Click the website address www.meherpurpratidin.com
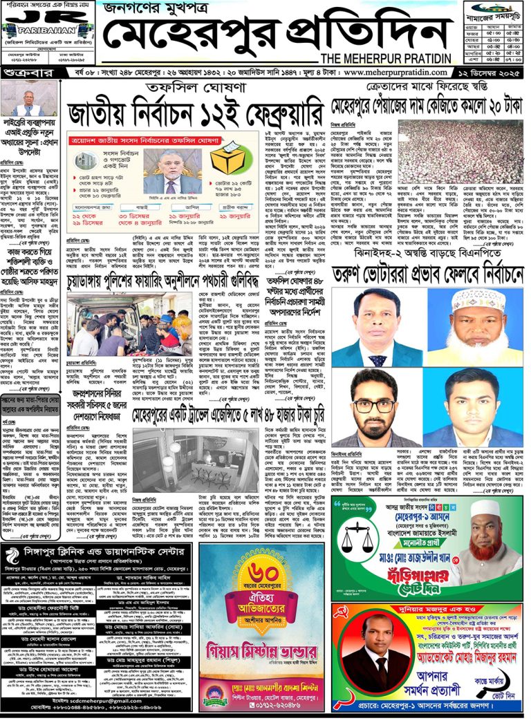click(x=397, y=73)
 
